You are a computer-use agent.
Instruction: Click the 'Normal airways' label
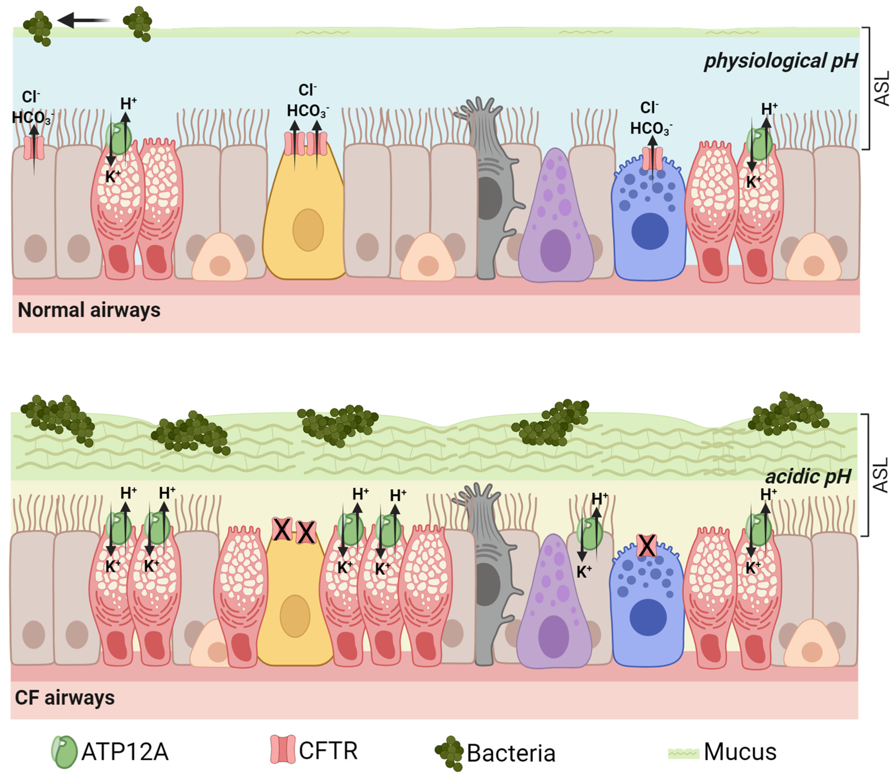(x=89, y=310)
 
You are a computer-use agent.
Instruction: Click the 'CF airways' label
(x=65, y=697)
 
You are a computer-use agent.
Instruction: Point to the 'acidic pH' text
(x=808, y=476)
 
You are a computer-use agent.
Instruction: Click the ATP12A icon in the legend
(x=64, y=752)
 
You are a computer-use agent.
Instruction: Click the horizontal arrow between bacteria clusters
(x=84, y=20)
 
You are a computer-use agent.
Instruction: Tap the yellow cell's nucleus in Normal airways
(x=308, y=230)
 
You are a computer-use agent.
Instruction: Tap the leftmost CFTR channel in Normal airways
(x=34, y=148)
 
